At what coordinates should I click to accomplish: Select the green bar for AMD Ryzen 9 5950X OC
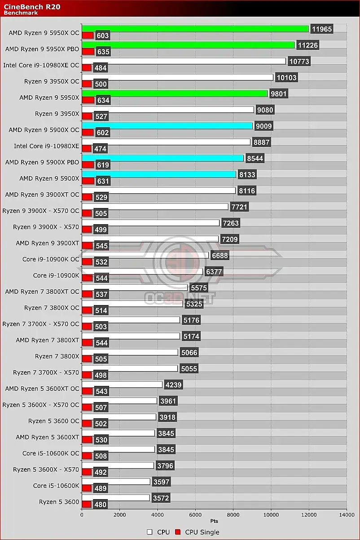click(195, 29)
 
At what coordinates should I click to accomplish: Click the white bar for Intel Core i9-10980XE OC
click(184, 61)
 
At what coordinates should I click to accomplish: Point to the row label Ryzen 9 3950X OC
click(52, 81)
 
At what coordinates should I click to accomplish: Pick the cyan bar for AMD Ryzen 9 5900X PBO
click(162, 158)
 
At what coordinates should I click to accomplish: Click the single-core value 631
click(102, 181)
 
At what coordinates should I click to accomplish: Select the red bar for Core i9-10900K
click(87, 278)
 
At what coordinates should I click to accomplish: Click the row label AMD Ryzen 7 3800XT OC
click(42, 292)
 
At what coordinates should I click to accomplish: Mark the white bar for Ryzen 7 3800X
click(130, 352)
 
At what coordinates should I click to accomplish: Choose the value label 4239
click(174, 385)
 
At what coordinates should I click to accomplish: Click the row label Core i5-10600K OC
click(51, 453)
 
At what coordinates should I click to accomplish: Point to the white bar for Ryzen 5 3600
click(115, 498)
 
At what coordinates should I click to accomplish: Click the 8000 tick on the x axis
click(233, 515)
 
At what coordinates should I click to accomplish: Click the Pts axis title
click(214, 521)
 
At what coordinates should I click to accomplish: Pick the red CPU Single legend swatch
click(178, 532)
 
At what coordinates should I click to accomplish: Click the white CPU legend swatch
click(150, 532)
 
